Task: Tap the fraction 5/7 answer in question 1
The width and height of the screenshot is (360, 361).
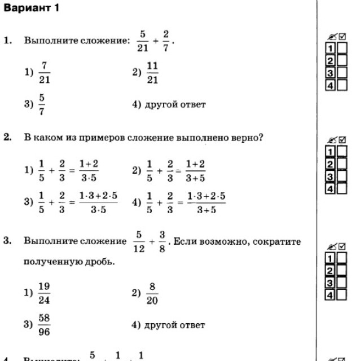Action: pyautogui.click(x=42, y=105)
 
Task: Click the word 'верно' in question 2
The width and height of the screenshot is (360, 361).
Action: pyautogui.click(x=245, y=138)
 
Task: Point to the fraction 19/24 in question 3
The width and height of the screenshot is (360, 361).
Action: pyautogui.click(x=44, y=293)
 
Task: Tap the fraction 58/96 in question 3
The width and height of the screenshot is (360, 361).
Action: pyautogui.click(x=44, y=325)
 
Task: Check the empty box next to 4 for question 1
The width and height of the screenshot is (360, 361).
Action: pyautogui.click(x=342, y=85)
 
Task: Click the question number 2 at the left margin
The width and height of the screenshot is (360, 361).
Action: pyautogui.click(x=7, y=138)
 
